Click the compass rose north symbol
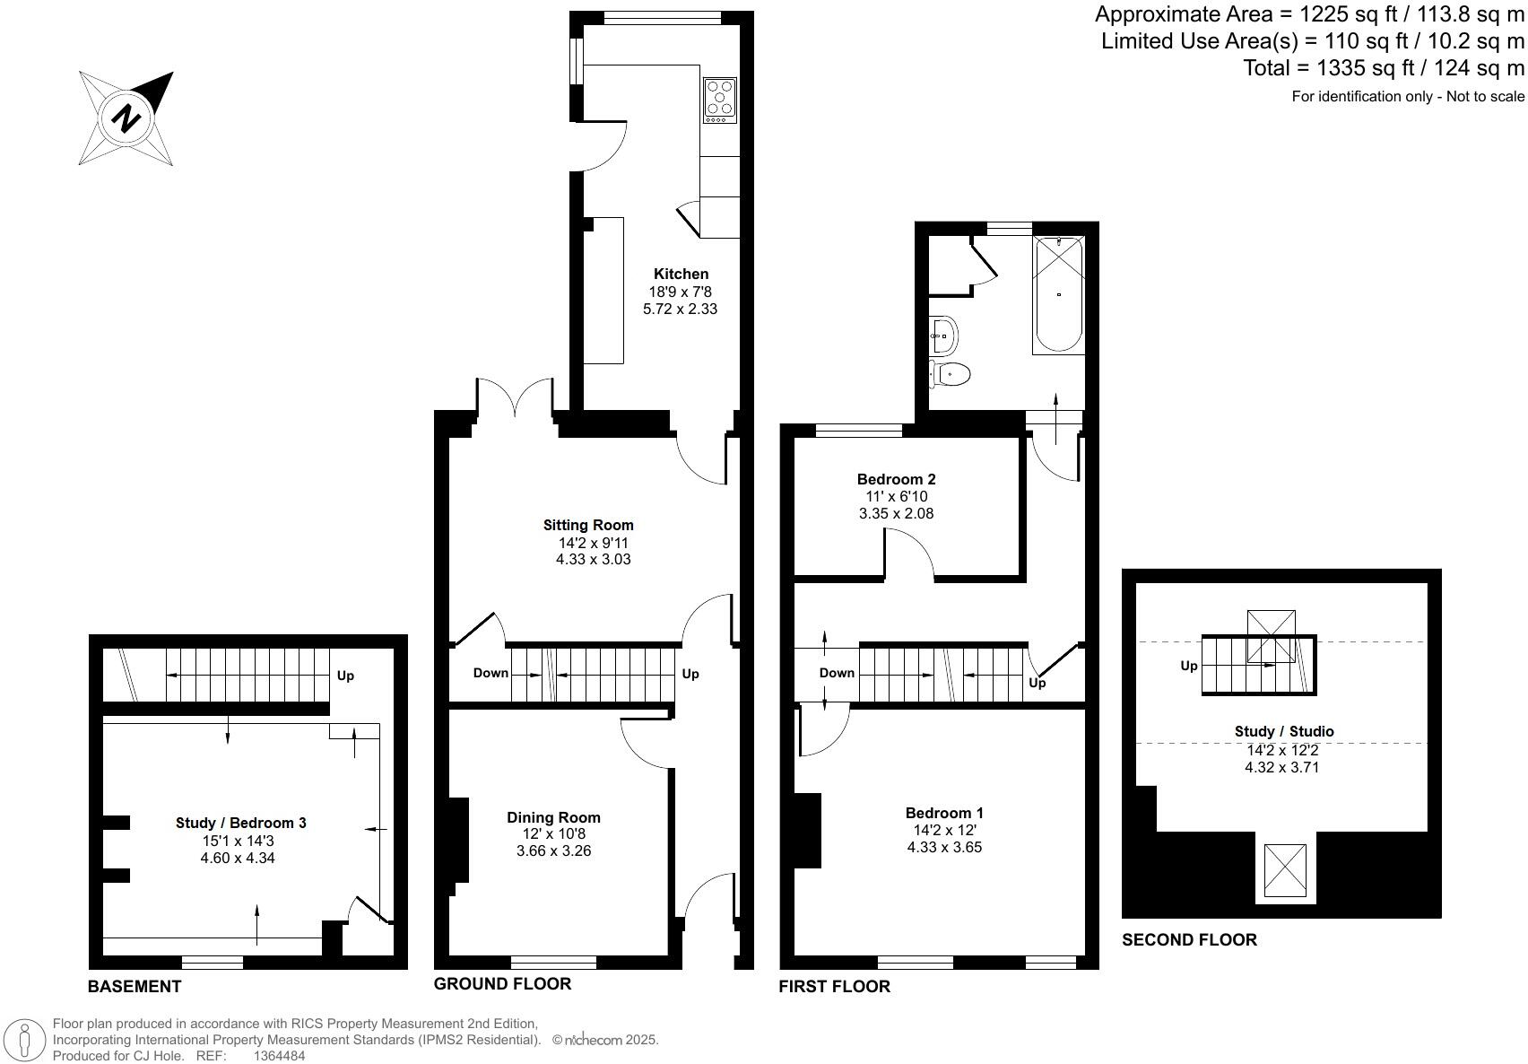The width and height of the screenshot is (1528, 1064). (126, 118)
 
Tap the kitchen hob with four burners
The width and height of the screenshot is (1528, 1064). (720, 100)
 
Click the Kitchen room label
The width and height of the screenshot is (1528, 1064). (681, 274)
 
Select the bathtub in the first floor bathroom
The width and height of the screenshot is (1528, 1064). (1059, 294)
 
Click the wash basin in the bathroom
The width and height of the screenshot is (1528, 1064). (943, 336)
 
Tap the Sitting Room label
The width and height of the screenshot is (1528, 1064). (588, 526)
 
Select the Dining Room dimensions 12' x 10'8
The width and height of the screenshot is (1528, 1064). (553, 834)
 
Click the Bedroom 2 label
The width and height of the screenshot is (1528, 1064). (896, 479)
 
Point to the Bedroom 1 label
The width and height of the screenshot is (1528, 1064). (944, 813)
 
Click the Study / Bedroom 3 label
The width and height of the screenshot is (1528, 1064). (240, 823)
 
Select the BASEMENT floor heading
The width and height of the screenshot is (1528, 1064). (135, 987)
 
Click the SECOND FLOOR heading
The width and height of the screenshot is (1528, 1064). (1189, 939)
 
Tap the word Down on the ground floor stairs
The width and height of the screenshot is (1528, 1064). (491, 673)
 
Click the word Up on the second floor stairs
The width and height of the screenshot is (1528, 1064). (1188, 666)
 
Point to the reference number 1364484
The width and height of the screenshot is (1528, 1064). (279, 1056)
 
